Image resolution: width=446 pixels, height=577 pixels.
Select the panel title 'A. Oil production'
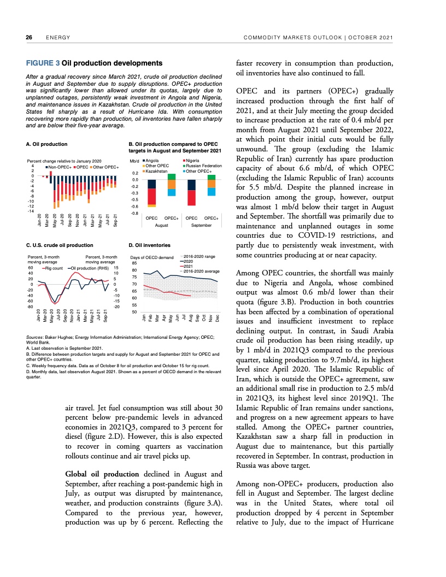pos(46,144)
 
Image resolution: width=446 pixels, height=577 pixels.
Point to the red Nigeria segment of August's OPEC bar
pos(152,196)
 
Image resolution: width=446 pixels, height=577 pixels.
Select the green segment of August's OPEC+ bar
pos(172,176)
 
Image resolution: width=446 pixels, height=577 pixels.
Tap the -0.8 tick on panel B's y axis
pos(134,213)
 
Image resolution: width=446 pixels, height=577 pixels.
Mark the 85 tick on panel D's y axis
pos(134,263)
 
